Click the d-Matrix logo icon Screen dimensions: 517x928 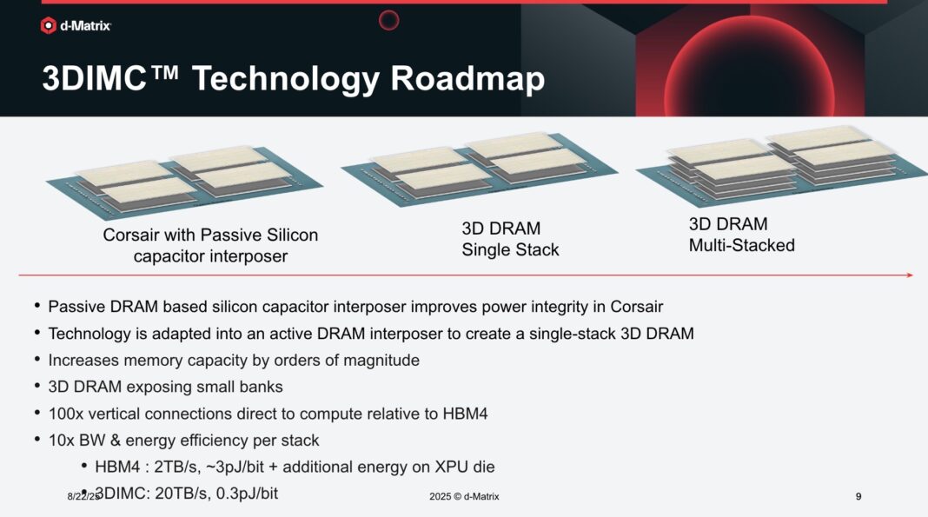pos(49,26)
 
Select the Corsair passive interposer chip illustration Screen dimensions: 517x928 pos(184,182)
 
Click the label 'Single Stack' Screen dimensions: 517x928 pos(510,250)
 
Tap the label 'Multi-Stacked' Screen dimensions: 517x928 pos(741,246)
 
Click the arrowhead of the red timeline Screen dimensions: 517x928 pos(908,275)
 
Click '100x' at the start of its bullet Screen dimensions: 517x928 pos(66,414)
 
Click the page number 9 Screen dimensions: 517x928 pos(858,496)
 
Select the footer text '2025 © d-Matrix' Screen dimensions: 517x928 pos(464,496)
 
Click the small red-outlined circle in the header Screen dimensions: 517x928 pos(388,20)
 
